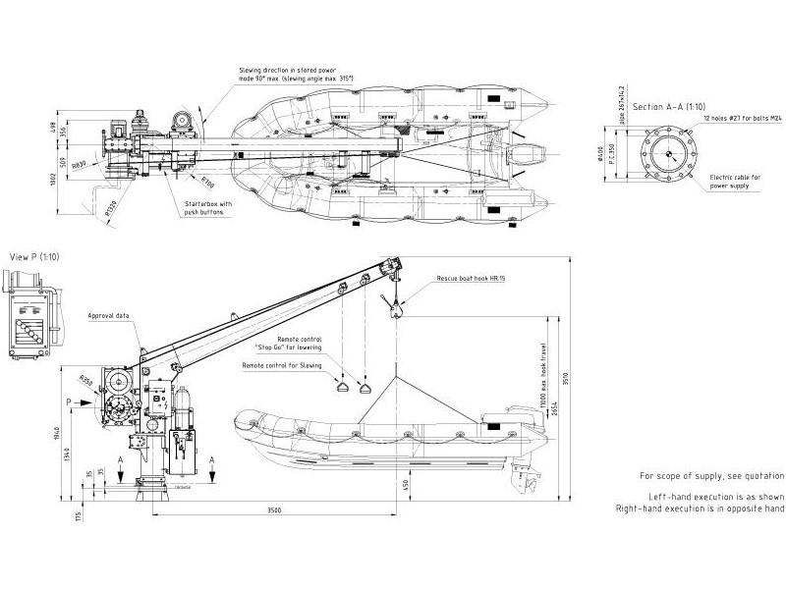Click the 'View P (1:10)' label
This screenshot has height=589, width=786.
35,256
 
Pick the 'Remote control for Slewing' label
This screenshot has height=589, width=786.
282,364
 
